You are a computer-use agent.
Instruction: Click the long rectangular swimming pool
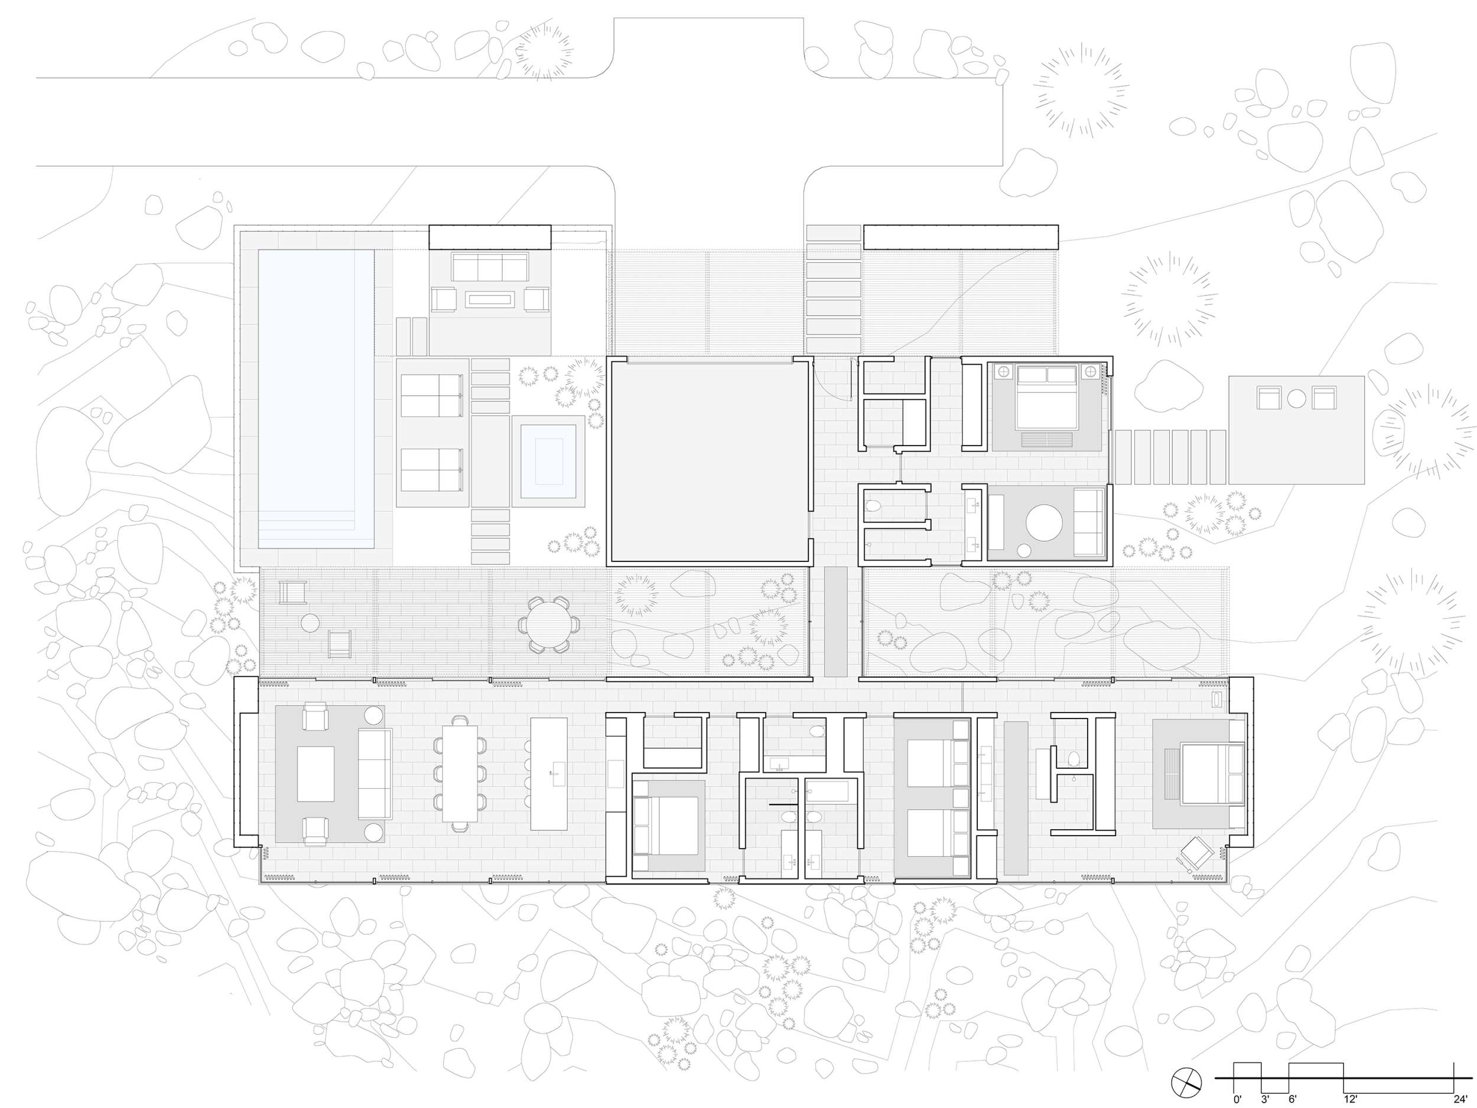[x=316, y=399]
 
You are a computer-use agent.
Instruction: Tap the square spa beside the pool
[x=548, y=461]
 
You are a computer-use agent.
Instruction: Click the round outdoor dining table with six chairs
[x=549, y=624]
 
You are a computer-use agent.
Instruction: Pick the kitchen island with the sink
[x=549, y=774]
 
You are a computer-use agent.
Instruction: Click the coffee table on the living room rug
[x=315, y=774]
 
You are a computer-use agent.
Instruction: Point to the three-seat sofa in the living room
[x=375, y=774]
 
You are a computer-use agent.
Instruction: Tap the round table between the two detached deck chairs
[x=1296, y=399]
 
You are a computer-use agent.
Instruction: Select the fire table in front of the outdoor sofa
[x=490, y=300]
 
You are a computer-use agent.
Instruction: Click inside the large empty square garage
[x=709, y=461]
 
